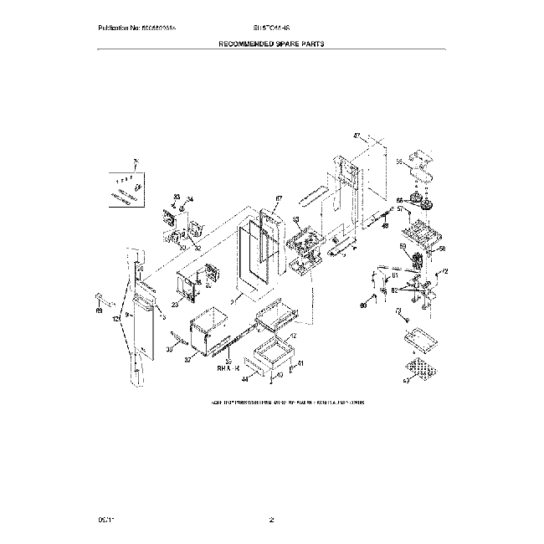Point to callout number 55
pos(399,162)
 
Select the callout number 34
pos(189,199)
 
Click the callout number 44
pos(246,379)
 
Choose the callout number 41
pos(301,362)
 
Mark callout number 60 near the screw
pos(363,305)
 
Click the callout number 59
pos(403,247)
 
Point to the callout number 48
pos(385,225)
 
